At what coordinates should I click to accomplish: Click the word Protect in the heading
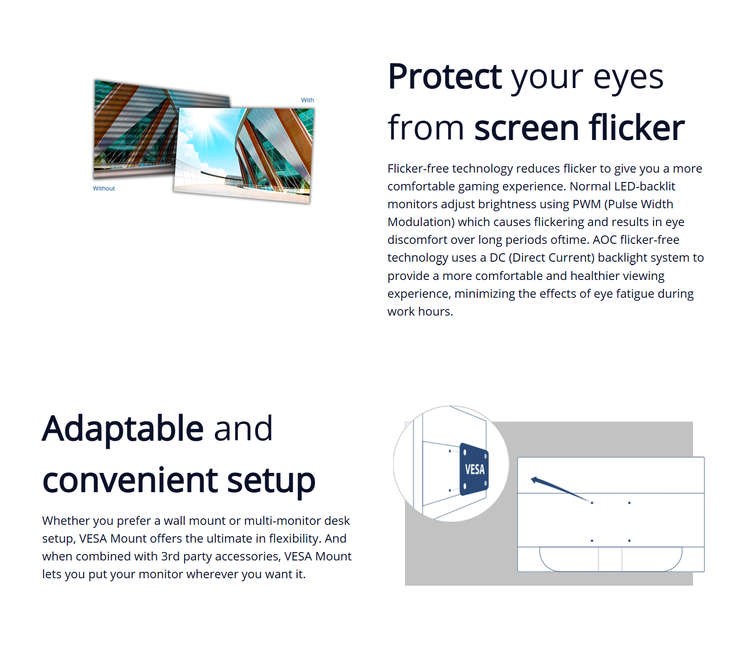coord(445,76)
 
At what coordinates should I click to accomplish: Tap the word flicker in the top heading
coord(637,128)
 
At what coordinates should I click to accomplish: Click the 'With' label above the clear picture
coord(307,100)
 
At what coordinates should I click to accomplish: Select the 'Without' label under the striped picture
coord(103,188)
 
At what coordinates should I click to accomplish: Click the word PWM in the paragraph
coord(586,204)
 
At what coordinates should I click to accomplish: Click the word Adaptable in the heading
coord(123,428)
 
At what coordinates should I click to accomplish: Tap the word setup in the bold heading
coord(271,481)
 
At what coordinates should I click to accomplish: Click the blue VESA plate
coord(474,469)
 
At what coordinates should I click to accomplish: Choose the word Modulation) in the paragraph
coord(421,222)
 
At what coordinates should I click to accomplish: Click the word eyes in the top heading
coord(628,78)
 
